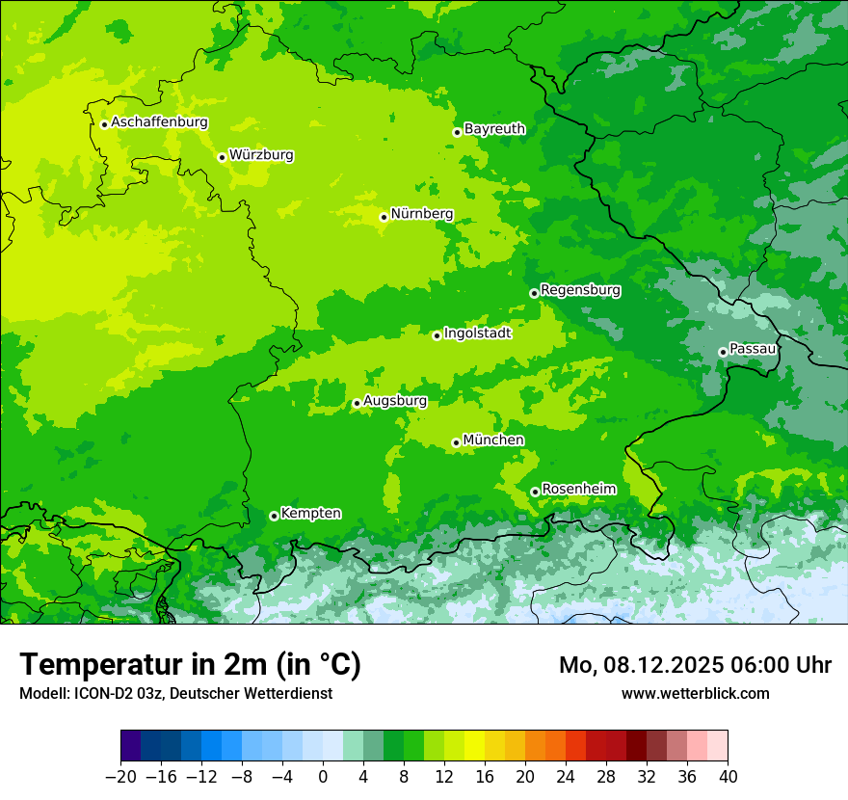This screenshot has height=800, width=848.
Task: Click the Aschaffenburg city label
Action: tap(159, 122)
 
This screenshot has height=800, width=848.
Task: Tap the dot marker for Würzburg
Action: tap(222, 157)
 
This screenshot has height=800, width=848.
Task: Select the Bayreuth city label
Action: tap(494, 129)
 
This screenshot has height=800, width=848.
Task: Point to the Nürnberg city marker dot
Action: tap(384, 217)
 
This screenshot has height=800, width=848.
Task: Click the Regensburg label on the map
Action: tap(580, 290)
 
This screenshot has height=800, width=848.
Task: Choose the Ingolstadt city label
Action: tap(477, 333)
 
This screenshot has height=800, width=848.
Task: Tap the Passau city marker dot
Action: tap(722, 352)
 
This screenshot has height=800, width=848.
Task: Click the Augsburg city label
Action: tap(395, 401)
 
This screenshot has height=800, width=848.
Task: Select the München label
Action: tap(493, 440)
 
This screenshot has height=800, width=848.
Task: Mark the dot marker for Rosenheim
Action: tap(535, 492)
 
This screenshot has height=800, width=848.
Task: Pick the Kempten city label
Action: tap(310, 514)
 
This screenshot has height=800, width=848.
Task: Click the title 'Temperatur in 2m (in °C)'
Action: tap(190, 665)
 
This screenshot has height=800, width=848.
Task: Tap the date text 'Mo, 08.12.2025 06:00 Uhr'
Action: tap(695, 665)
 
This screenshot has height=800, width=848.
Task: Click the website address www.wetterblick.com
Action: tap(695, 693)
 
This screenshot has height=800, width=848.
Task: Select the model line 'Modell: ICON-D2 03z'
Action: tap(175, 693)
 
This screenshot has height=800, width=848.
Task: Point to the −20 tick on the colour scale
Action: tap(120, 777)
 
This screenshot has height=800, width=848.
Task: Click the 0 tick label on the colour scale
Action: tap(323, 777)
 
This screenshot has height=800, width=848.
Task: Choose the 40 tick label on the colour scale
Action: tap(728, 777)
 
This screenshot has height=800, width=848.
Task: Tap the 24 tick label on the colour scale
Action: tap(566, 777)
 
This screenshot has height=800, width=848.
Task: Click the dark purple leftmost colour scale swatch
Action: tap(130, 746)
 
